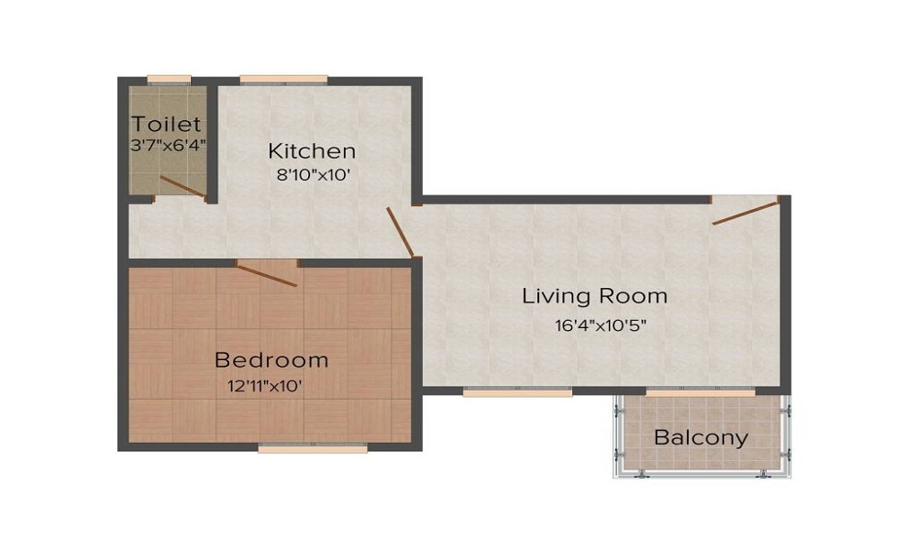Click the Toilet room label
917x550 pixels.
coord(166,124)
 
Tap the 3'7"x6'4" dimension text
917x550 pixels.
coord(168,144)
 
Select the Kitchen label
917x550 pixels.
coord(311,151)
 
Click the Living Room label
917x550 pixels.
coord(594,296)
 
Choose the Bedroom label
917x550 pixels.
coord(271,359)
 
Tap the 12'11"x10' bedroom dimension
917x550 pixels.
coord(265,385)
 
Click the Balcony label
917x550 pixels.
coord(701,437)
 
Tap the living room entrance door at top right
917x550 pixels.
coord(745,211)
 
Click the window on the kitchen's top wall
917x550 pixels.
coord(283,79)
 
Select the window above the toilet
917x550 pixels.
coord(169,79)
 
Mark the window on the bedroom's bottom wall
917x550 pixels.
coord(313,448)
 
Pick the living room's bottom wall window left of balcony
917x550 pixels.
coord(517,391)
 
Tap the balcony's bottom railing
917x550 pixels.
coord(702,475)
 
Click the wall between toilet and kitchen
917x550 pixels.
coord(211,137)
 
